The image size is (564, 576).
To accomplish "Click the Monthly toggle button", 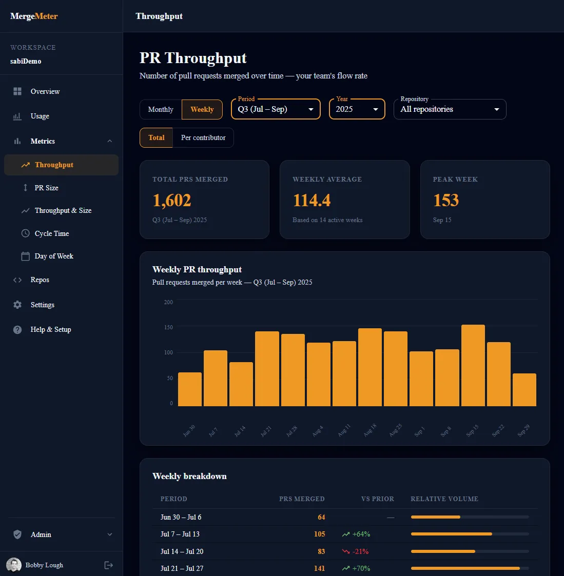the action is [x=161, y=109].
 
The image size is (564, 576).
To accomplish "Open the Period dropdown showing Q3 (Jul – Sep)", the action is [x=276, y=109].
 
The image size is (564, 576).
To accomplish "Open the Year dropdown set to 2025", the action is [x=357, y=109].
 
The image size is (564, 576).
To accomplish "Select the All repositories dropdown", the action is [x=450, y=109].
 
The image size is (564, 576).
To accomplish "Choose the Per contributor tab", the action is [x=203, y=138].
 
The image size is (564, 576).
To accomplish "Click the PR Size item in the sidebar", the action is [x=46, y=188].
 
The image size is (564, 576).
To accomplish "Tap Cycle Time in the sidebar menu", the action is [x=51, y=234].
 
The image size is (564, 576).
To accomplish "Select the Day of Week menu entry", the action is [x=54, y=256].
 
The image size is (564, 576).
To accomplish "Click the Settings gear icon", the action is [x=17, y=305].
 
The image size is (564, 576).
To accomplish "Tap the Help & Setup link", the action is [x=51, y=329].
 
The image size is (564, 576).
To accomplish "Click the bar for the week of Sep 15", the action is [x=473, y=366].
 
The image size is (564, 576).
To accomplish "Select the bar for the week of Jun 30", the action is [x=190, y=389].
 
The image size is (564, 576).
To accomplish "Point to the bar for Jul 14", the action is [x=241, y=384].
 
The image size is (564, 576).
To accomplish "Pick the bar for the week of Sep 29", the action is [x=524, y=390].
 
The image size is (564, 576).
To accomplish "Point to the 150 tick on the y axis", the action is [x=168, y=327].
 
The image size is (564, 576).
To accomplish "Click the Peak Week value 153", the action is [x=446, y=200].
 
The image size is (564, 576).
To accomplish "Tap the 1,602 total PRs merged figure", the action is [x=172, y=201].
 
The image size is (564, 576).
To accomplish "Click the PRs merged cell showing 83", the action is [x=321, y=551].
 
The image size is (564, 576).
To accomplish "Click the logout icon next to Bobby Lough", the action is [x=108, y=565].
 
